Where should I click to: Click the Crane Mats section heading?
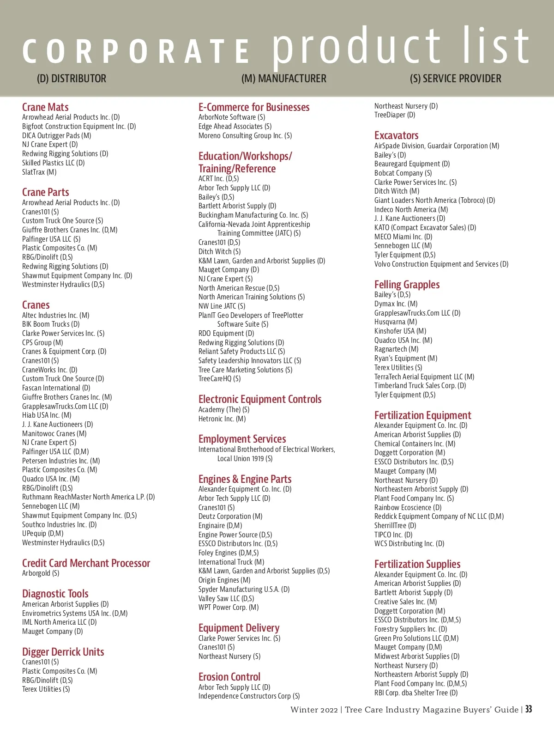coord(45,107)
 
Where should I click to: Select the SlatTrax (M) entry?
coord(39,172)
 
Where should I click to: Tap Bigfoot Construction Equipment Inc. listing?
coord(79,126)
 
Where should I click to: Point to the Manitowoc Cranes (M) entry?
coord(54,433)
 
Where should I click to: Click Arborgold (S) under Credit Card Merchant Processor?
coord(41,573)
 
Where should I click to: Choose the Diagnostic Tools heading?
coord(55,594)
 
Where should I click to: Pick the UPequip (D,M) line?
coord(42,534)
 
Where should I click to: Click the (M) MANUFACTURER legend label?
coord(283,79)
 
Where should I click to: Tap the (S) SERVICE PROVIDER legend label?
coord(455,79)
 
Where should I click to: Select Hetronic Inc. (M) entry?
coord(222,419)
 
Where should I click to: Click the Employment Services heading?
coord(242,439)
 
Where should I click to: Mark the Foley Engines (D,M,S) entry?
coord(229,553)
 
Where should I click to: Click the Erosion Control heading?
coord(229,677)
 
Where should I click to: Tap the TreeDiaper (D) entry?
coord(395,115)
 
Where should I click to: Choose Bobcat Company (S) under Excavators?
coord(403,173)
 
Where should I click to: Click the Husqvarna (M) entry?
coord(396,322)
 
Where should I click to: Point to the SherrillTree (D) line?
coord(395,526)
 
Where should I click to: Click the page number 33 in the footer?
coord(529,709)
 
